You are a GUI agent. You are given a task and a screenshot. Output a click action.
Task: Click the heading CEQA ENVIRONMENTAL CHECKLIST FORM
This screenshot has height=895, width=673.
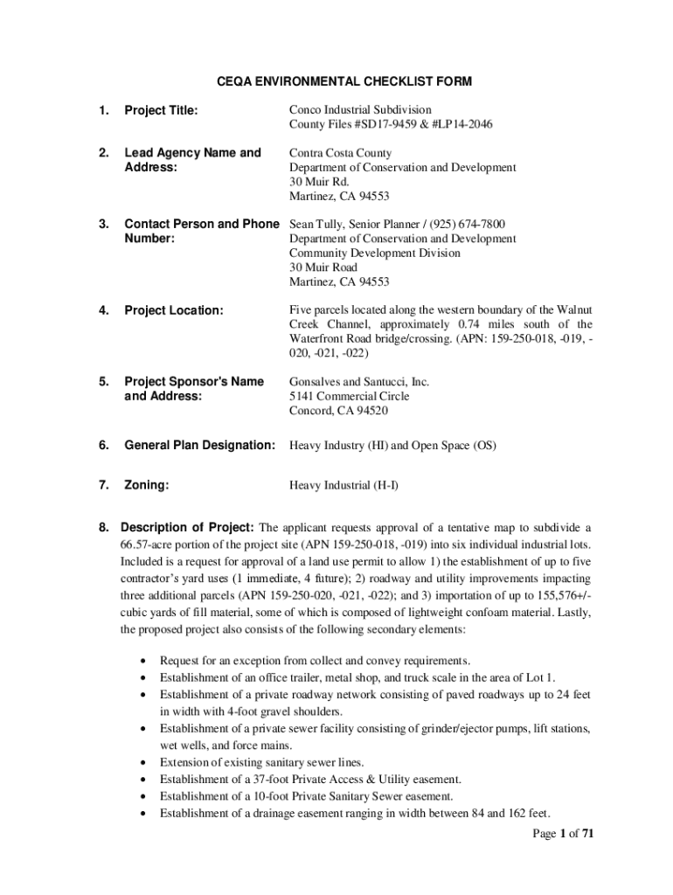click(x=344, y=81)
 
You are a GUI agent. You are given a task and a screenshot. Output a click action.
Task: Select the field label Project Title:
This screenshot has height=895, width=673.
click(x=161, y=110)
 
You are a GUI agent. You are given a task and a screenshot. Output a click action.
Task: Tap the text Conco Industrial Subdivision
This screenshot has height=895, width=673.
click(x=360, y=110)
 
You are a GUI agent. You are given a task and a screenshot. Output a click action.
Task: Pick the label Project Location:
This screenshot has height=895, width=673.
click(x=174, y=310)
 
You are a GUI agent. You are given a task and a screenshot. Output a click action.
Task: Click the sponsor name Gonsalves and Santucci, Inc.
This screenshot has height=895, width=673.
click(x=359, y=382)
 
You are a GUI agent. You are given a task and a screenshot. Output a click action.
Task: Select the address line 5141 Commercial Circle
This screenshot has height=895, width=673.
click(x=350, y=396)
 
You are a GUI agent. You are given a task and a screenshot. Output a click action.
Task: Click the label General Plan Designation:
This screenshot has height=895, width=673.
click(x=200, y=446)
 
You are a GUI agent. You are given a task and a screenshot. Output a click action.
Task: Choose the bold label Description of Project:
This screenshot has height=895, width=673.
click(x=187, y=528)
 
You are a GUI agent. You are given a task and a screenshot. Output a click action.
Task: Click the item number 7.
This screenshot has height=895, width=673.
click(x=103, y=483)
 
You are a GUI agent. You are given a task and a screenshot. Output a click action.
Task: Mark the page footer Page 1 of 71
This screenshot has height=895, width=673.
click(x=564, y=834)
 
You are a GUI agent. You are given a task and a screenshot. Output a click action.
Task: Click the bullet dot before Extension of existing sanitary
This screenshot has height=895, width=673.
click(x=142, y=762)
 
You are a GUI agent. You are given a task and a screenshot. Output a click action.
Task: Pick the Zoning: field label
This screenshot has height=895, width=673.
click(x=147, y=483)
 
